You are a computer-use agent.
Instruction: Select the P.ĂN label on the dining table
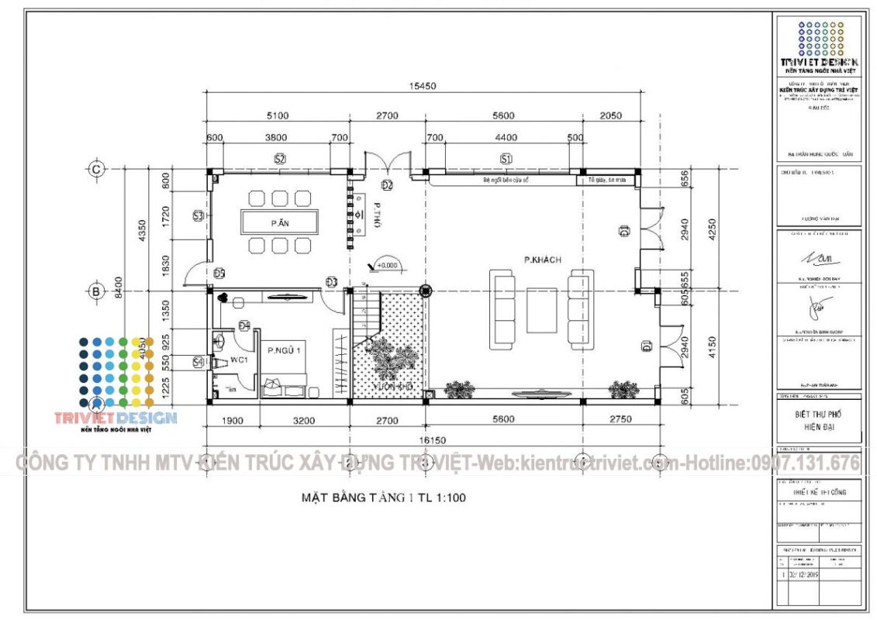(x=279, y=223)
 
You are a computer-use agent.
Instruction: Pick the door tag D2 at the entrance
(x=387, y=184)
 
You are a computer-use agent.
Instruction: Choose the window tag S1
(x=506, y=159)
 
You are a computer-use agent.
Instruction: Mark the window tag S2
(x=280, y=159)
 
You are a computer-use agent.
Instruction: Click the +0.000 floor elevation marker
(x=385, y=265)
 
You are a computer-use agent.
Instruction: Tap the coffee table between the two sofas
(x=541, y=310)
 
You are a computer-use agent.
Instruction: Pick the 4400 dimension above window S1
(x=506, y=138)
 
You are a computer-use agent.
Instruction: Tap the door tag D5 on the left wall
(x=219, y=273)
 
